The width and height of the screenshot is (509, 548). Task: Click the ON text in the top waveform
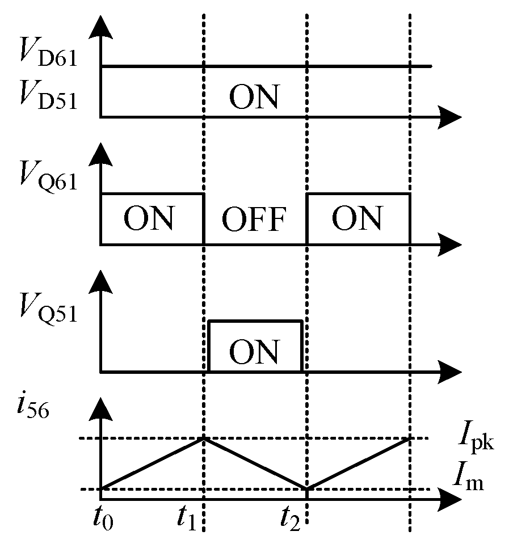(x=254, y=97)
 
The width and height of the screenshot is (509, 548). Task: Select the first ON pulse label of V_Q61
(x=149, y=218)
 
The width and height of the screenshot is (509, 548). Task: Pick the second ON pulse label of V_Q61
(x=357, y=218)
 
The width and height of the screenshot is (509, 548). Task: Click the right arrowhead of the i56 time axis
(x=451, y=500)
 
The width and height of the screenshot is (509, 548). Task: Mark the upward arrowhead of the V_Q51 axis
(x=101, y=280)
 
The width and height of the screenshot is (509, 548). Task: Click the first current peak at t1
(x=204, y=438)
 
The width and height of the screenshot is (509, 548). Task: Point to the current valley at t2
(x=307, y=488)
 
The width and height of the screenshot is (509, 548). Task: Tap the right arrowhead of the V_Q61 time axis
(x=451, y=244)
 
